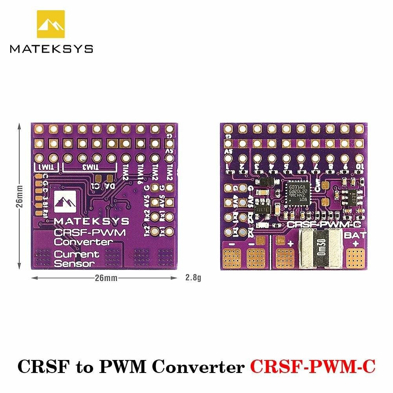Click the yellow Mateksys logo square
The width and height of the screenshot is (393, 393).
pos(51,24)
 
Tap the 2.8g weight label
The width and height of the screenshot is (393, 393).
pos(193,278)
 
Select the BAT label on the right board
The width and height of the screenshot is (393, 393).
pos(355,236)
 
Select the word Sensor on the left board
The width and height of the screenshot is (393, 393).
pos(74,263)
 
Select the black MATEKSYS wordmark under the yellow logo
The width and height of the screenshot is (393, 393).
pos(51,49)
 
